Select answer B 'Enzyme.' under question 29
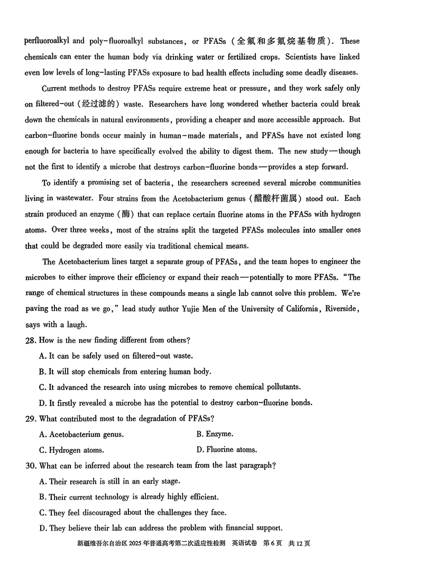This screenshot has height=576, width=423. (x=215, y=434)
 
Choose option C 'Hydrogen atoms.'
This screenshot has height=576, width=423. (x=71, y=450)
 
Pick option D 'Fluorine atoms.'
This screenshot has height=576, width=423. (x=227, y=450)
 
